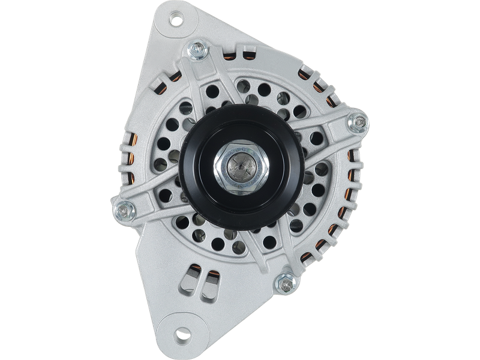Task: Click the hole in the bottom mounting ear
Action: [181, 334]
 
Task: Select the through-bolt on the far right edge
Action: [359, 122]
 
